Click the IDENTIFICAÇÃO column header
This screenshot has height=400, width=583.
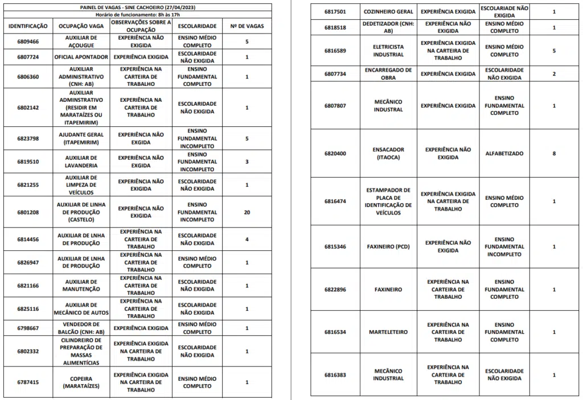pos(28,27)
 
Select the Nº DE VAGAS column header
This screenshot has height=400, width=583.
pos(247,27)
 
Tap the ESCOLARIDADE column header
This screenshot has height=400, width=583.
pos(197,27)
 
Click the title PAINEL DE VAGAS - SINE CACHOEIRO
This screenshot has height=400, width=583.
pos(139,6)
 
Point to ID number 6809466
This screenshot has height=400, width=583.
pos(28,42)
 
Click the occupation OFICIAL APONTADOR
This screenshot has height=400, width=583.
pos(81,57)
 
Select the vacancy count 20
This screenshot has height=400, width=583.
pos(247,212)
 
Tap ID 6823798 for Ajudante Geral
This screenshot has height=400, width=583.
pos(28,138)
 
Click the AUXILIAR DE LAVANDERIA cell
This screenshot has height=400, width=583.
pos(81,162)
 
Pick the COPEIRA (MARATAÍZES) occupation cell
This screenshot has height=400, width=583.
pos(81,382)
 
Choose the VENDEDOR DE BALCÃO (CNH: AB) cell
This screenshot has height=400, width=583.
pos(81,328)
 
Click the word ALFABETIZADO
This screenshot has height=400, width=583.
pos(504,154)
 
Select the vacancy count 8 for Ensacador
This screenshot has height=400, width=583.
pos(554,154)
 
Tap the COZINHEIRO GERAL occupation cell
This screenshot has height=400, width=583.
pos(388,12)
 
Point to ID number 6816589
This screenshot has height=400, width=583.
pos(335,51)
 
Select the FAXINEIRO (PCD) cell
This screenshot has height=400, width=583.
pos(388,247)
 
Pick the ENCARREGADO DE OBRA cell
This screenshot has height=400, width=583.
pos(388,74)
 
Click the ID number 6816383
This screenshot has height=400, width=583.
pos(335,375)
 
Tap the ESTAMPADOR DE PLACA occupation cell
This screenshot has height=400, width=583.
pos(388,201)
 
